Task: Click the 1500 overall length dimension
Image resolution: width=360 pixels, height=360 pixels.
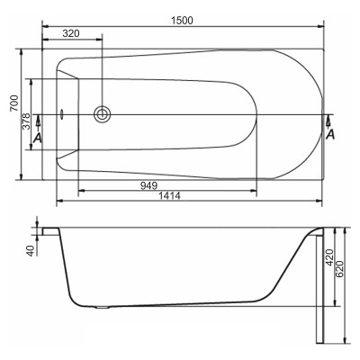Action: point(182,21)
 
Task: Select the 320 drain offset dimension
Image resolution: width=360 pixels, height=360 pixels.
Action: point(71,33)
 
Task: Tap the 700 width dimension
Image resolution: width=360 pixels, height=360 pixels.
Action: point(13,103)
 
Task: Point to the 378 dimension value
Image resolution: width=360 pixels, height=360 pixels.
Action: point(27,121)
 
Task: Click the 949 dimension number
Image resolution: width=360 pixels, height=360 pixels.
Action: point(148,185)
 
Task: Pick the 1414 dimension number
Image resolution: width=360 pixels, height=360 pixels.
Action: point(169,196)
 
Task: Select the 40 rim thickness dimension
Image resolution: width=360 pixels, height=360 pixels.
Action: point(31,251)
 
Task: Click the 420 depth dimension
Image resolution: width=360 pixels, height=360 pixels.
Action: point(329,257)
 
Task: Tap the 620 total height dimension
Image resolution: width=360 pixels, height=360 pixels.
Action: point(339,269)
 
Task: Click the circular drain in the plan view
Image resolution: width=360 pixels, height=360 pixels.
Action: point(102,114)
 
